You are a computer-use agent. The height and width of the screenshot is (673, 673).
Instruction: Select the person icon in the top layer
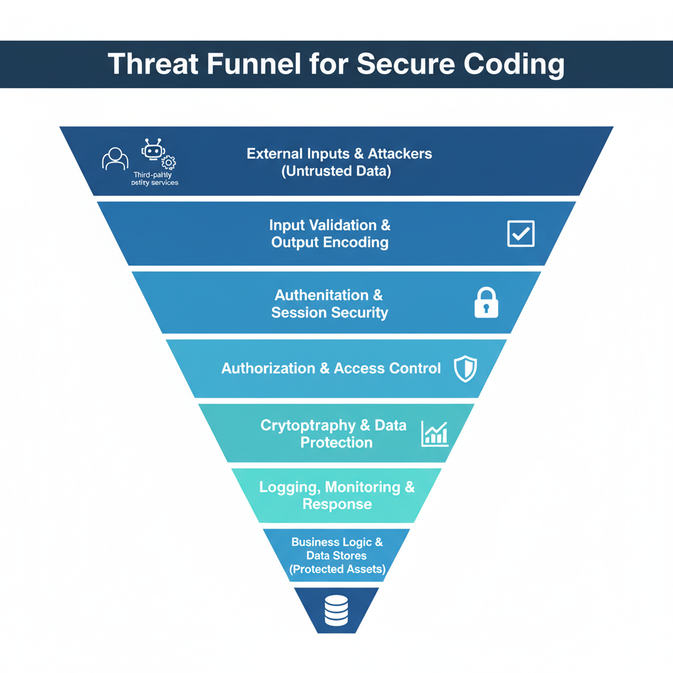click(115, 158)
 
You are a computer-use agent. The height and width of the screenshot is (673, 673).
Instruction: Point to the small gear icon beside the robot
click(169, 162)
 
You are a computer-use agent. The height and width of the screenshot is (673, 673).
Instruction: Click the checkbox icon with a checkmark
click(521, 233)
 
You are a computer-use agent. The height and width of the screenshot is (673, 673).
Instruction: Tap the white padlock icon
click(486, 303)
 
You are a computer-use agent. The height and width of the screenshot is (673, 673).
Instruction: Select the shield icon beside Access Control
click(465, 369)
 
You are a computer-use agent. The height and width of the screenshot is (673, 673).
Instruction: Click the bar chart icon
click(434, 434)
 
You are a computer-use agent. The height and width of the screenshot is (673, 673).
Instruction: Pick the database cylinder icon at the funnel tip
click(336, 611)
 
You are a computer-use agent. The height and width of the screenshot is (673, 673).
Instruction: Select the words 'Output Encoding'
click(330, 243)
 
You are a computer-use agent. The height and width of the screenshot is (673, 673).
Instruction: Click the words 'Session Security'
click(330, 313)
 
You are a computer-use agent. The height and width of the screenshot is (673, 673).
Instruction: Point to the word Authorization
click(268, 369)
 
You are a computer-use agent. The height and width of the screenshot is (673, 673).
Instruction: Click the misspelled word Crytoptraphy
click(306, 425)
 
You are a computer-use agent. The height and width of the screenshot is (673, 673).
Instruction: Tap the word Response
click(336, 505)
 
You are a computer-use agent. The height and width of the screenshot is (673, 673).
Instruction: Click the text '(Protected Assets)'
click(336, 569)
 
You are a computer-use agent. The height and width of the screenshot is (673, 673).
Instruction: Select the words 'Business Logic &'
click(336, 542)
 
